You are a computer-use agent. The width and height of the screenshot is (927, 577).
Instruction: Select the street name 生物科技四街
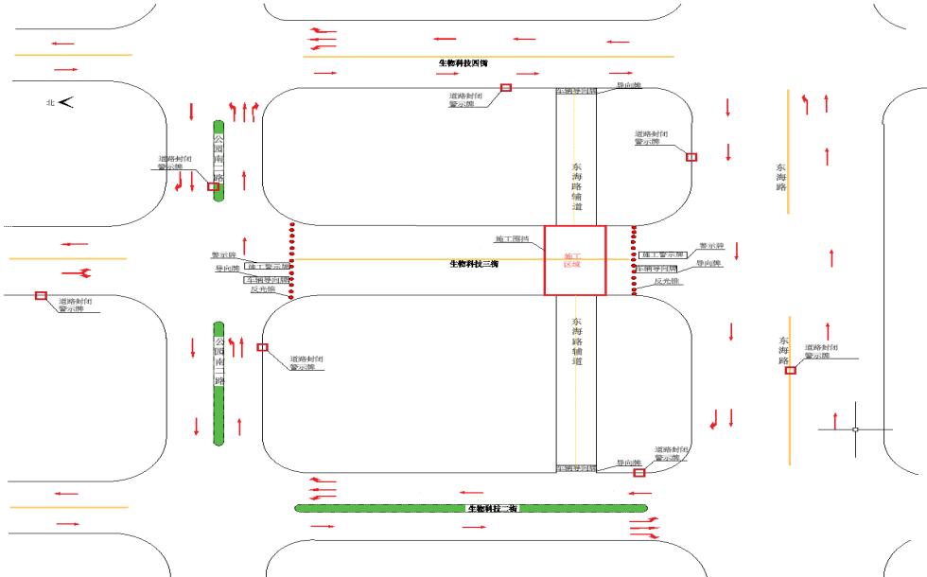[x=463, y=63]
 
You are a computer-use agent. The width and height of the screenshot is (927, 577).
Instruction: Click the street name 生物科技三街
[x=474, y=264]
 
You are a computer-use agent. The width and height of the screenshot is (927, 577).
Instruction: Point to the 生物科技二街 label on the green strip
[x=492, y=509]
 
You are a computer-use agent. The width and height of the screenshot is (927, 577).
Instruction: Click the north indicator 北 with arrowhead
[x=59, y=102]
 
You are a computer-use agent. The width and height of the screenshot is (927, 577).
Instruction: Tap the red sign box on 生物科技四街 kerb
[x=506, y=87]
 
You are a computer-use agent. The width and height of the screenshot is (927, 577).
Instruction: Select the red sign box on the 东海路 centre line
[x=791, y=370]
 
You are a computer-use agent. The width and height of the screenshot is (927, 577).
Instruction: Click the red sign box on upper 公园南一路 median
[x=214, y=186]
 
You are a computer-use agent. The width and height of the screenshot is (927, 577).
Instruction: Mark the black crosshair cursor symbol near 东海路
[x=855, y=429]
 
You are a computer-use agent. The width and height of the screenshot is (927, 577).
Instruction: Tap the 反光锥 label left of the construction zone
[x=262, y=290]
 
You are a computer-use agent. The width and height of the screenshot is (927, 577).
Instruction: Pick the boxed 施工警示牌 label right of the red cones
[x=662, y=255]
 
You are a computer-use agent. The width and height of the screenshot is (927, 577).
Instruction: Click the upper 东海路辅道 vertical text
[x=576, y=186]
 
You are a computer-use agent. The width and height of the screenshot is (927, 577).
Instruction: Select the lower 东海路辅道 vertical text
[x=576, y=341]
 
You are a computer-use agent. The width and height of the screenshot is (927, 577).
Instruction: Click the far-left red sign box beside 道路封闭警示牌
[x=41, y=296]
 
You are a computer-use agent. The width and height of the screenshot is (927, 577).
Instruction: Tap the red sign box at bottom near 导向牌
[x=639, y=472]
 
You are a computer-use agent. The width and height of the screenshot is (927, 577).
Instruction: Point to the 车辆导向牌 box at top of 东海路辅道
[x=576, y=91]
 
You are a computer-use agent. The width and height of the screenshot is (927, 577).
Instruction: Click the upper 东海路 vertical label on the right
[x=781, y=176]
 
